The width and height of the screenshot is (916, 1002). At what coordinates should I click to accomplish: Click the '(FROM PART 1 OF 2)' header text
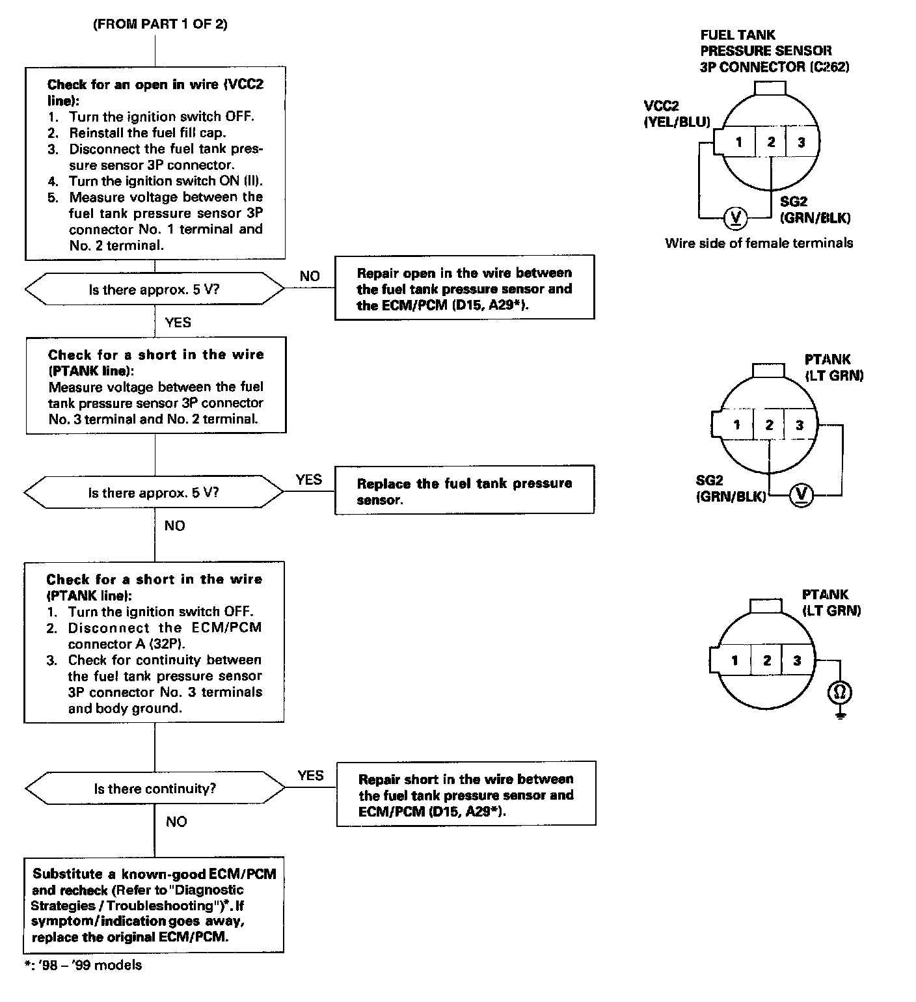coord(160,25)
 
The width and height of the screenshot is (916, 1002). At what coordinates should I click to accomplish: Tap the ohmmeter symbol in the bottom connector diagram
coord(839,693)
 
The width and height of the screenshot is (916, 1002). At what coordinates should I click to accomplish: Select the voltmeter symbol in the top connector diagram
coord(736,217)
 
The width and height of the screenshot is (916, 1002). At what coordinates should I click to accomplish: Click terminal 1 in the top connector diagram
coord(739,142)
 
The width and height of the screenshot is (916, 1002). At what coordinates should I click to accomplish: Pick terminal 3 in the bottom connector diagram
coord(797,660)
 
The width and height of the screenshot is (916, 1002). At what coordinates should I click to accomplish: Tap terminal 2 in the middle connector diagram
coord(769,426)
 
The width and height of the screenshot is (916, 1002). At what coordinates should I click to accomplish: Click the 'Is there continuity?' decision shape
coord(154,789)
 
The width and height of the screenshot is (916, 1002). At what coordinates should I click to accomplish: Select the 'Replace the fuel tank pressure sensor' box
coord(465,491)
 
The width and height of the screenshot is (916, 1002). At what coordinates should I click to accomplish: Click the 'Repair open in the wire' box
coord(465,288)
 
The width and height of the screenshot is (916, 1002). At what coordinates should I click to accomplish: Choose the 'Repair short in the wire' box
coord(466,794)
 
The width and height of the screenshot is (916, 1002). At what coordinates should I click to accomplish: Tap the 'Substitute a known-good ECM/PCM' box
coord(154,906)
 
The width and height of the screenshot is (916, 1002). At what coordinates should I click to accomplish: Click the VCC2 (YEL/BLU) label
coord(676,114)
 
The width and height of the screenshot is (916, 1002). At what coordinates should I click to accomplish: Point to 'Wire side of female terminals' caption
coord(759,243)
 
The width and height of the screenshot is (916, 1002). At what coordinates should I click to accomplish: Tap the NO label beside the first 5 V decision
coord(310,276)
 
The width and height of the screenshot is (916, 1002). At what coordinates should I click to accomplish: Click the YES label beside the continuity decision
coord(310,775)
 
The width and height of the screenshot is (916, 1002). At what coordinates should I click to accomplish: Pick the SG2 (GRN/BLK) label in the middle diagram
coord(730,489)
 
